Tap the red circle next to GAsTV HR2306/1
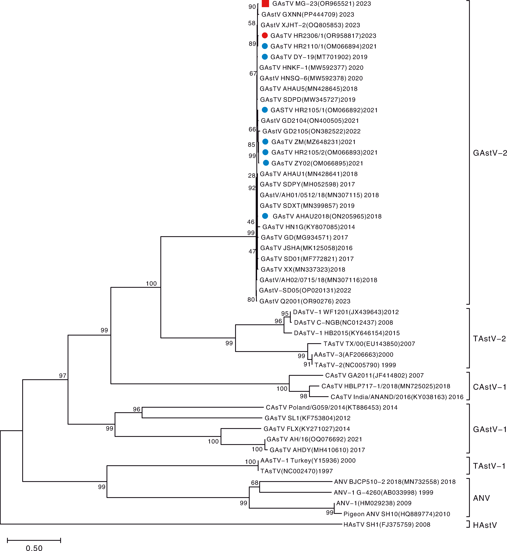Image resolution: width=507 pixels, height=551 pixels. coord(265,35)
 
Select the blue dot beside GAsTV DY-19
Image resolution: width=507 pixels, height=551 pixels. coord(265,57)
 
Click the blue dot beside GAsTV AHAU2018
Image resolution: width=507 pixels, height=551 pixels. coord(265,216)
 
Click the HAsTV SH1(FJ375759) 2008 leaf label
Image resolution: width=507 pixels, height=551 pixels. coord(387,524)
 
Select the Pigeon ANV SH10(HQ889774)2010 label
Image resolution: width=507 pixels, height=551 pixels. coord(397,514)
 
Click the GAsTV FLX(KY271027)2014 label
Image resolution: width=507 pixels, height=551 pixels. coord(307,429)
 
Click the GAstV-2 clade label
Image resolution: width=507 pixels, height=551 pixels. coord(489,153)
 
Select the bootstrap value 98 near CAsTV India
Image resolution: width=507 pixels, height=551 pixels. coord(303,396)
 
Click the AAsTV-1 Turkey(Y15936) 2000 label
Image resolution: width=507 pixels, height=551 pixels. coord(308,461)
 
